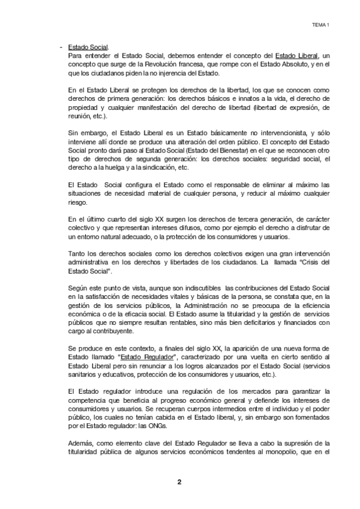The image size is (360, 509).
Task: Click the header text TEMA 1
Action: click(x=322, y=25)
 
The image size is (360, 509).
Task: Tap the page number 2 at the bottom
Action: click(x=179, y=481)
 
